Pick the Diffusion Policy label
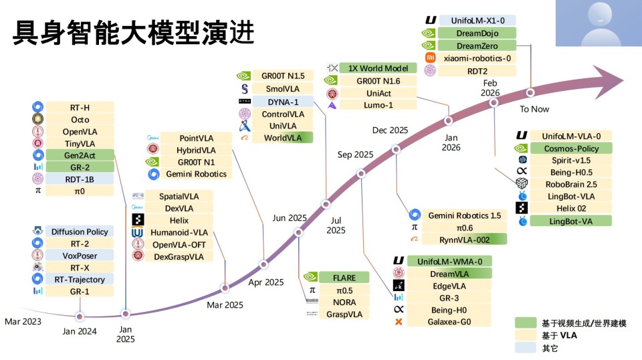pyautogui.click(x=80, y=232)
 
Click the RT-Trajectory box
pyautogui.click(x=80, y=279)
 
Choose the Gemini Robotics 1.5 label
pyautogui.click(x=464, y=215)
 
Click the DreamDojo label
pyautogui.click(x=477, y=33)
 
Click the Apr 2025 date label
pyautogui.click(x=266, y=282)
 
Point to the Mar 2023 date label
pyautogui.click(x=23, y=321)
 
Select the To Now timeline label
pyautogui.click(x=535, y=108)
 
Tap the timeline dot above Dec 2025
pyautogui.click(x=397, y=149)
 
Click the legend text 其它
pyautogui.click(x=550, y=347)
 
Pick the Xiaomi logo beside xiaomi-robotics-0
pyautogui.click(x=430, y=58)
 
